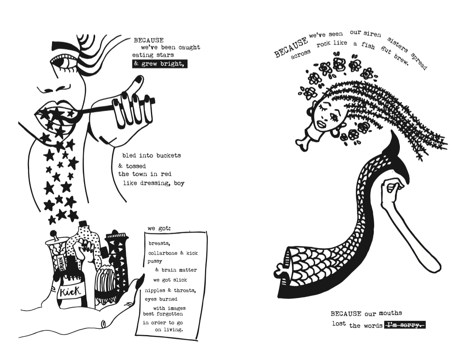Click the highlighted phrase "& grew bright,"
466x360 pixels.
pos(160,64)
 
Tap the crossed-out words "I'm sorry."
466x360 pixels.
pos(405,325)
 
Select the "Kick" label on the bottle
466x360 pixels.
pos(70,292)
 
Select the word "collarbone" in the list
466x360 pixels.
pos(163,253)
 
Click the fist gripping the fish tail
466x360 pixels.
pos(391,190)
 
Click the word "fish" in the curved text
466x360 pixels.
pos(368,45)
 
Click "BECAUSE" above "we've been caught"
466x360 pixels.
pos(148,40)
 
